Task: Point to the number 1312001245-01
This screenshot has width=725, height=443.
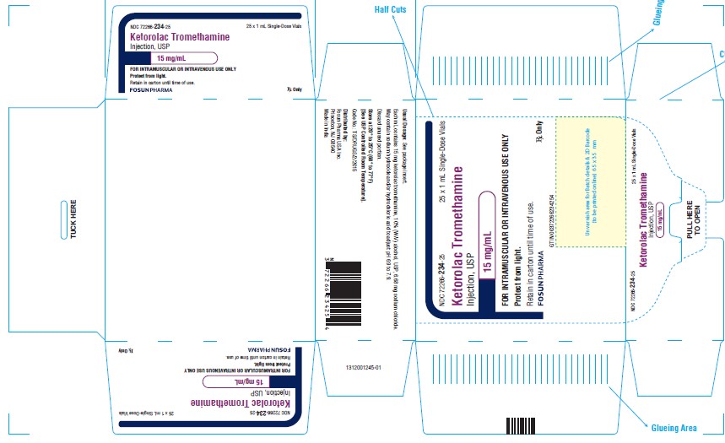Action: point(365,367)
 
